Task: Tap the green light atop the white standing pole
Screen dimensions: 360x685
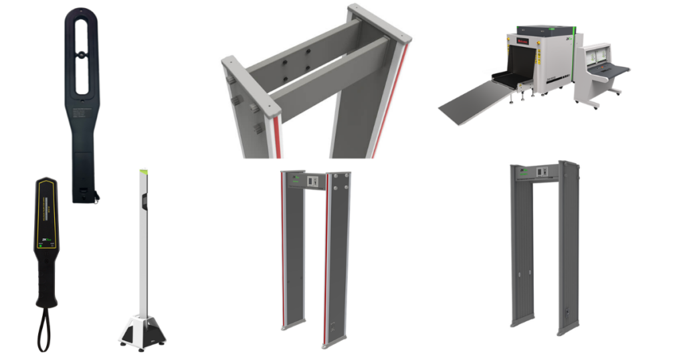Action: (x=142, y=171)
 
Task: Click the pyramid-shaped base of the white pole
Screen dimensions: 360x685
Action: (x=142, y=331)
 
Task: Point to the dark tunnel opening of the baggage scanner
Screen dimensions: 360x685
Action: (x=522, y=67)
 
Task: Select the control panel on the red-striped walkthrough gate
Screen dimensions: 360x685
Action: (x=312, y=180)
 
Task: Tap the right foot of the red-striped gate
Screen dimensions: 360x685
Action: (x=332, y=344)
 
